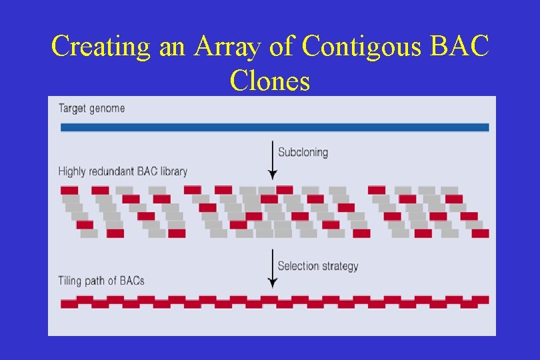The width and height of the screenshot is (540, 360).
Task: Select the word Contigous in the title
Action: click(362, 46)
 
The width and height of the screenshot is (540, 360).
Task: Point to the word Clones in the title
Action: click(270, 81)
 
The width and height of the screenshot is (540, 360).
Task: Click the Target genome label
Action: click(91, 108)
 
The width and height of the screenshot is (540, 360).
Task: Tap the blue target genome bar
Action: click(274, 127)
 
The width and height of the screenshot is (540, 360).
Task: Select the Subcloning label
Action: click(303, 152)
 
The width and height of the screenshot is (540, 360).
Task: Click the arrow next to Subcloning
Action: click(272, 159)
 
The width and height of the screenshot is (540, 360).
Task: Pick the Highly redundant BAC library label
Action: click(123, 171)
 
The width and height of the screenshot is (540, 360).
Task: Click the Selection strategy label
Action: click(317, 266)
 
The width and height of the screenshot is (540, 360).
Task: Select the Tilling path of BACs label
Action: click(101, 281)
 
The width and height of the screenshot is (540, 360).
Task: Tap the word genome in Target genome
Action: click(107, 108)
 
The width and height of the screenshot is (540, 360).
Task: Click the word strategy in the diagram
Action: click(339, 266)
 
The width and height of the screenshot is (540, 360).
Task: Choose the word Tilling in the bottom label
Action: click(71, 281)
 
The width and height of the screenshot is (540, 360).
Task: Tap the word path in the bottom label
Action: click(96, 281)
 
